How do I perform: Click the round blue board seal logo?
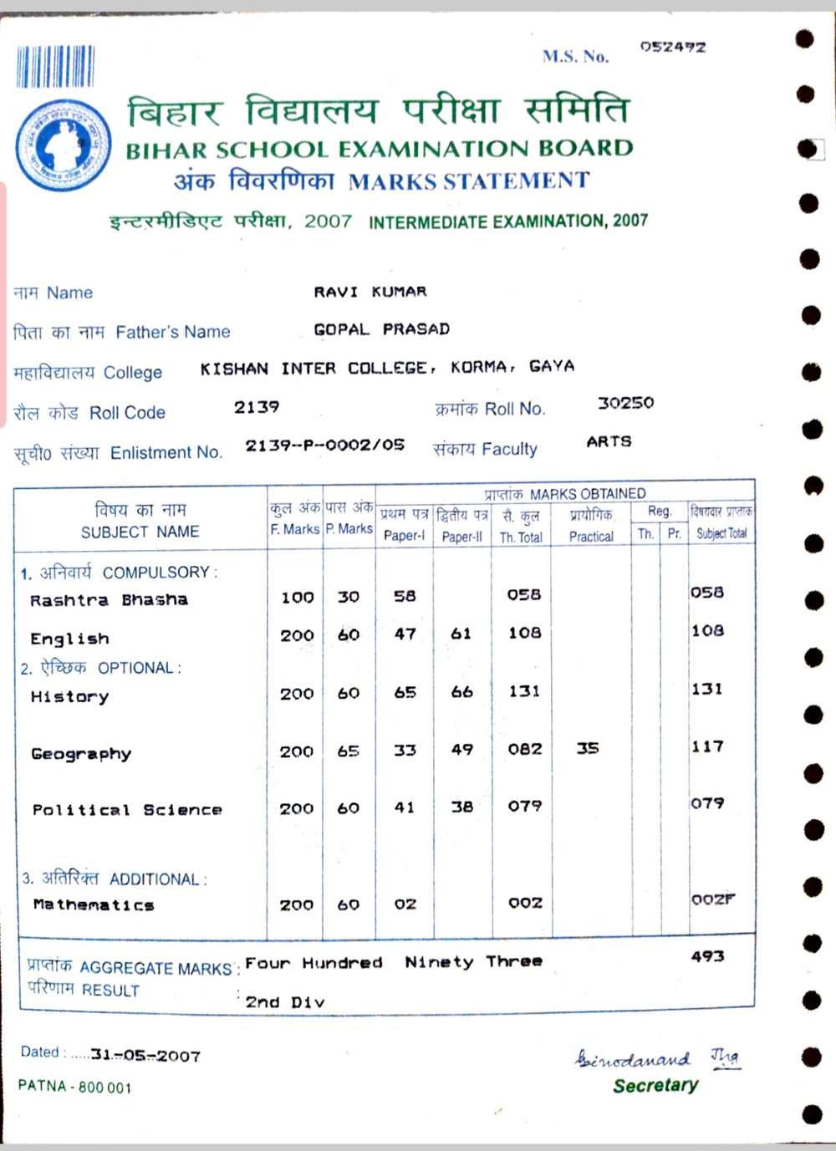[63, 144]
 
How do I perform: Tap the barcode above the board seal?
[55, 67]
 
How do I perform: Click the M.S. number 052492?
[672, 47]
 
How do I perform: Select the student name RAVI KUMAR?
[370, 292]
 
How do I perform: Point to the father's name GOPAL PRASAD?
[381, 329]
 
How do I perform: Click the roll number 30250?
[625, 403]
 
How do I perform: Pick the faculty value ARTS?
[609, 441]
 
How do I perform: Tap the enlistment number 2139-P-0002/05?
[324, 446]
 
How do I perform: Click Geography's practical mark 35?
[588, 748]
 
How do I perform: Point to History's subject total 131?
[707, 690]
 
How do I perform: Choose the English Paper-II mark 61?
[461, 634]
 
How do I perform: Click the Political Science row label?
[127, 810]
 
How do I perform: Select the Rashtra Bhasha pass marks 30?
[348, 597]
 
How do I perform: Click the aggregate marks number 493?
[707, 956]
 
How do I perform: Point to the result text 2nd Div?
[284, 1001]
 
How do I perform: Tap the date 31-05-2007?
[145, 1056]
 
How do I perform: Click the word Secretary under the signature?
[655, 1086]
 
